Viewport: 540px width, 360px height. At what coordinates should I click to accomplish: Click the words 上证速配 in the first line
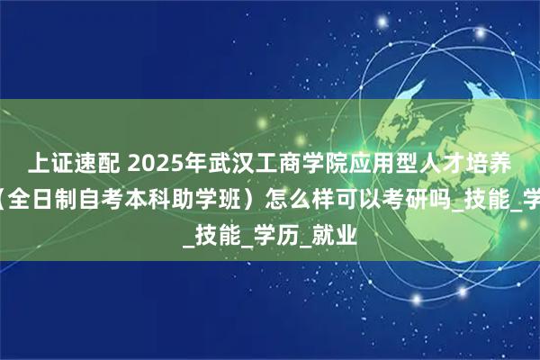[68, 163]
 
